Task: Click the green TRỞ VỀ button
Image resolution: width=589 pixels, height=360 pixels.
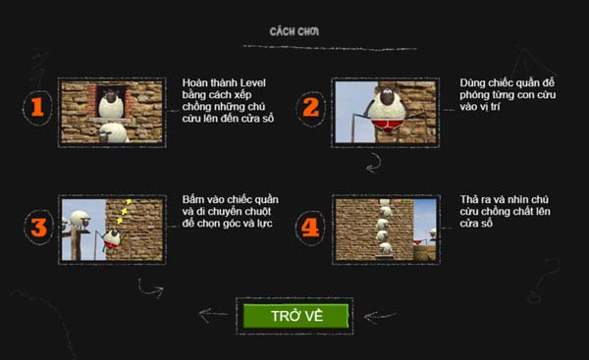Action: (295, 316)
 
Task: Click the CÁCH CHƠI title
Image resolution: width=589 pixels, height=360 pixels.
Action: (294, 31)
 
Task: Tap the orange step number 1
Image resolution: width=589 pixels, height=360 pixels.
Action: (36, 108)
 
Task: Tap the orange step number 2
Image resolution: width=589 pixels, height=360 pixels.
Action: (310, 108)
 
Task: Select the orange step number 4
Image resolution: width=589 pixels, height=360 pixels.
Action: (310, 229)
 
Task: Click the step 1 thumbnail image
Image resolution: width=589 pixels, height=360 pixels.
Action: (111, 112)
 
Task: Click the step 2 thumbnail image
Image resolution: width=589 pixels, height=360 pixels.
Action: (384, 112)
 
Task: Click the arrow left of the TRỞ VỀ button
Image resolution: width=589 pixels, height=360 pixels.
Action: (212, 316)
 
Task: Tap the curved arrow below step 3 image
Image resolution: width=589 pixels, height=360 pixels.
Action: (149, 287)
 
